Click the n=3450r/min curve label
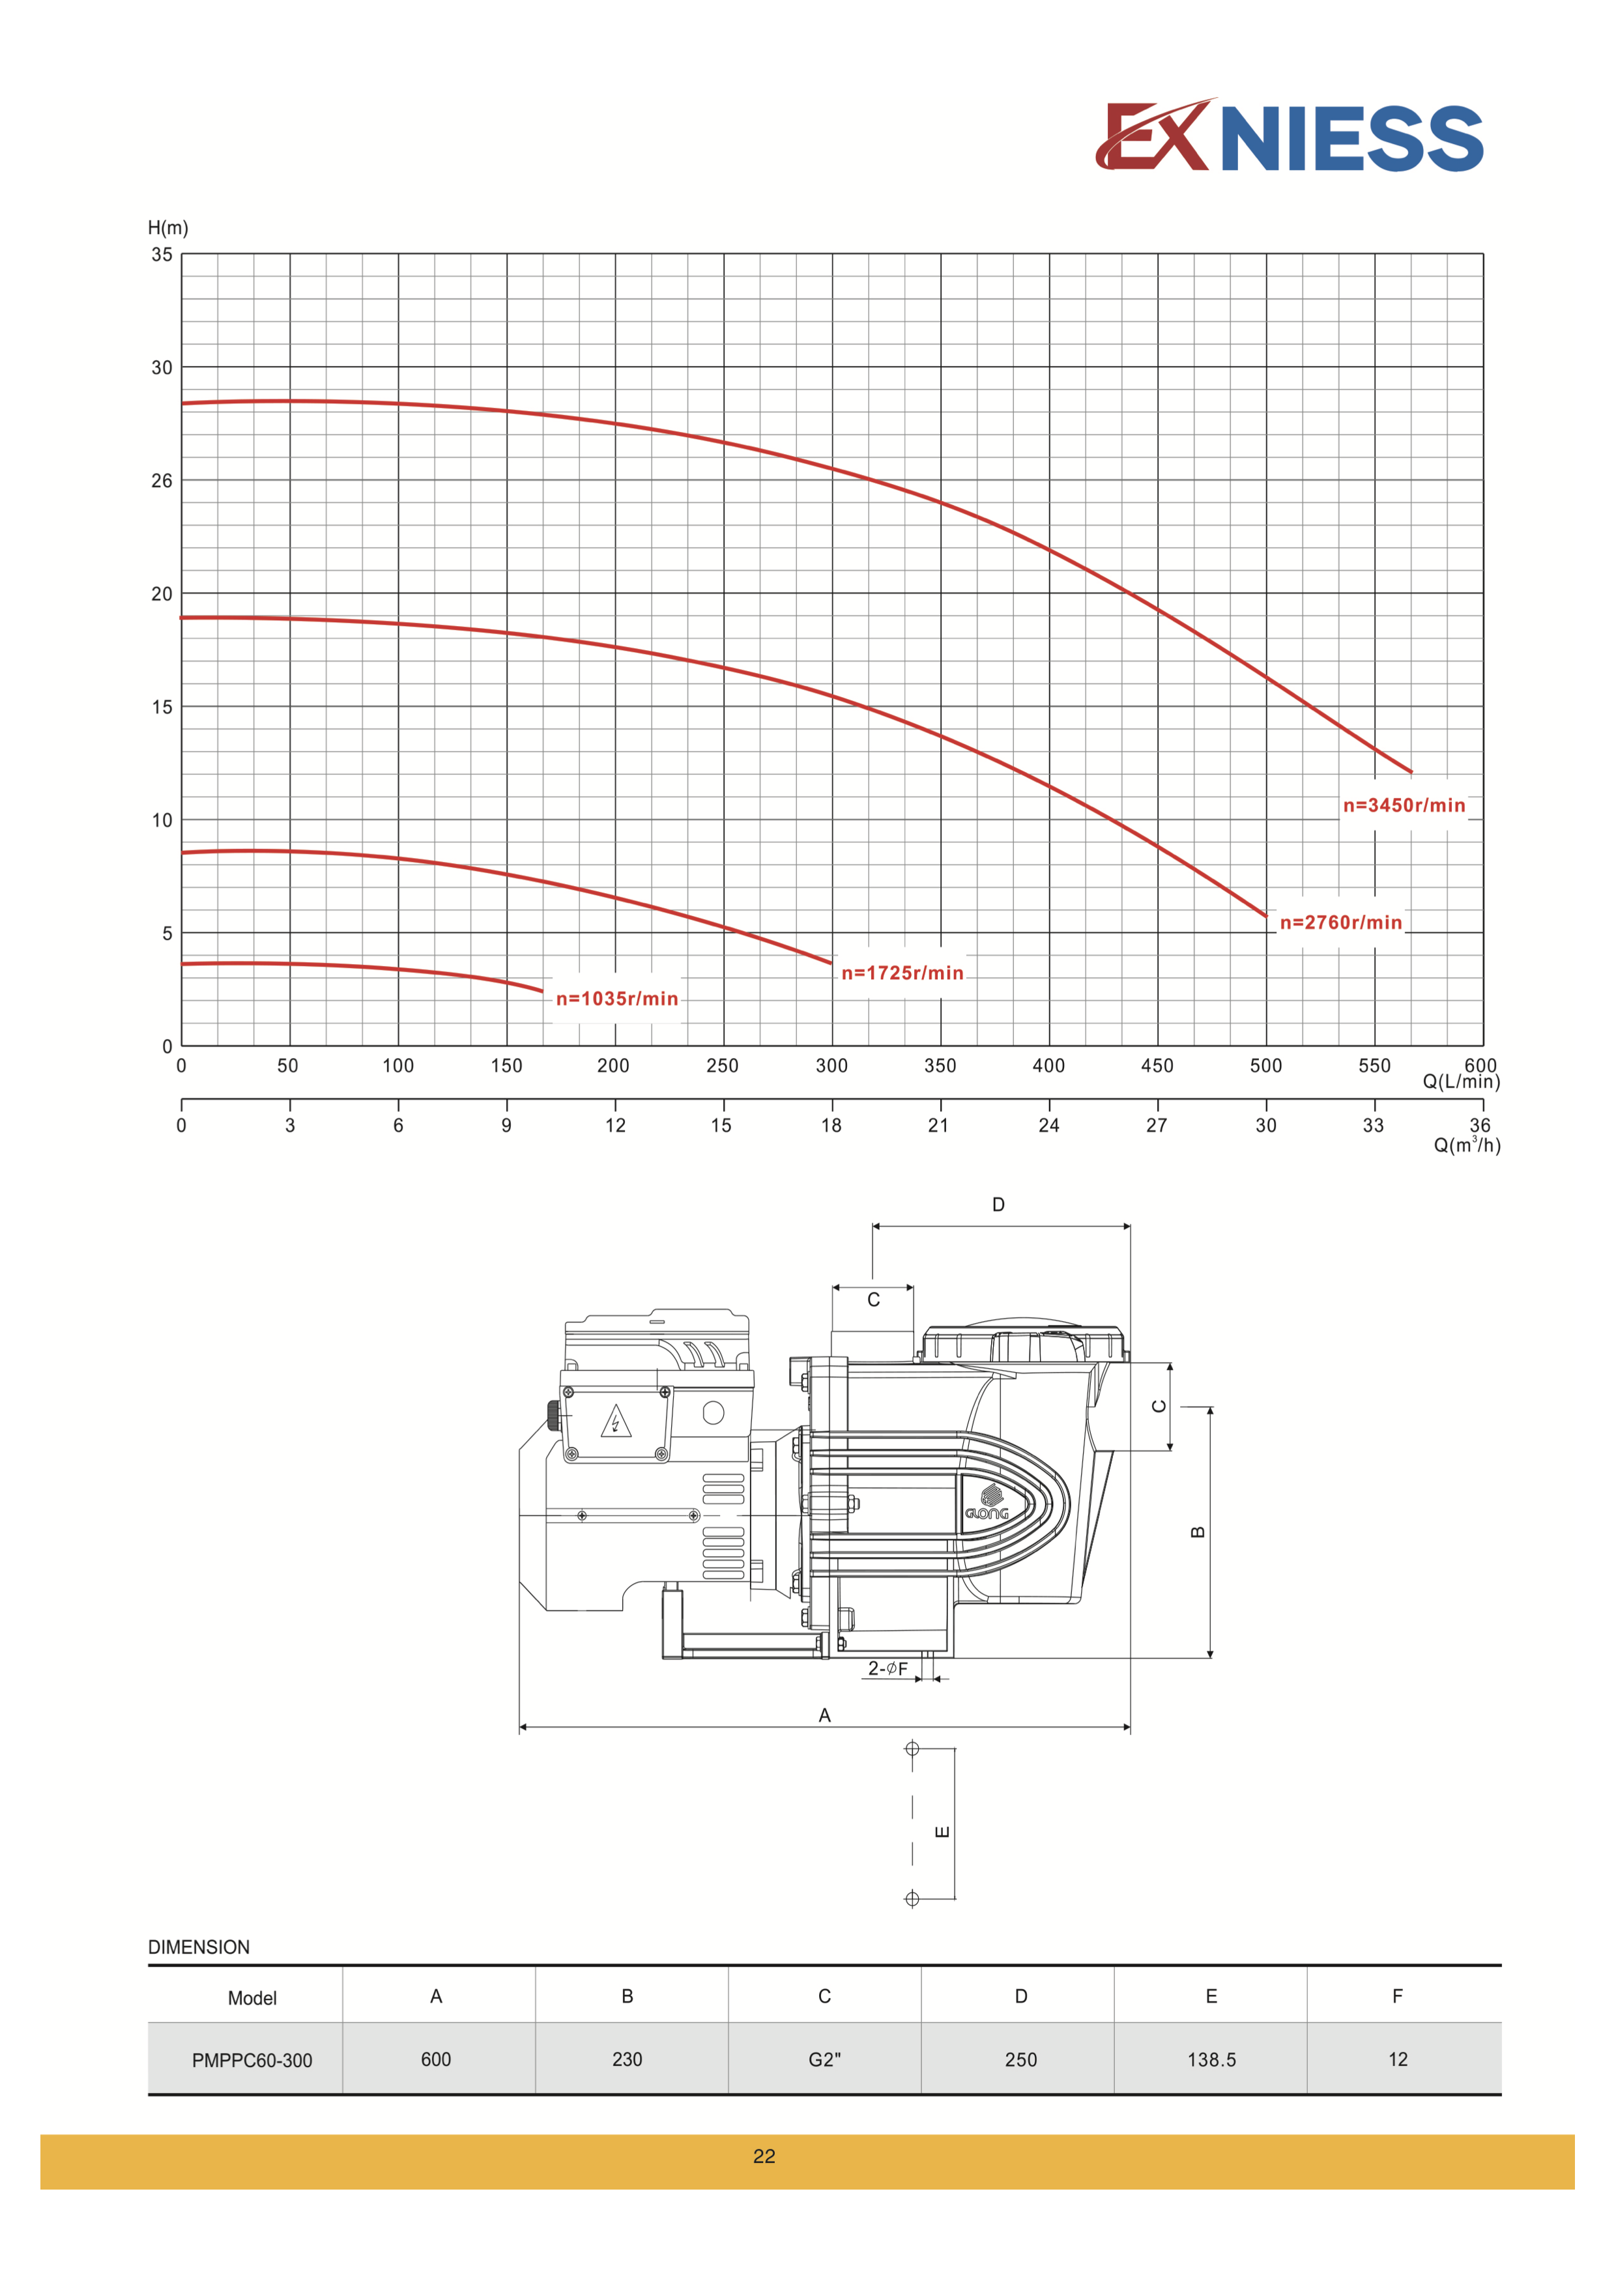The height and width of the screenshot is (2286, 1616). (x=1404, y=805)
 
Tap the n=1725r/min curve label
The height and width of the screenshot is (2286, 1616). (x=902, y=973)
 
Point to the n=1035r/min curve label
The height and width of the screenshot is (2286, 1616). (x=616, y=999)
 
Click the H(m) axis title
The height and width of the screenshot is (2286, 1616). (x=167, y=228)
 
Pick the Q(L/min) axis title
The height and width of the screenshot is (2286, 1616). (x=1461, y=1082)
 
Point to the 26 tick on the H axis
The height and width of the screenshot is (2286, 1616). (x=162, y=481)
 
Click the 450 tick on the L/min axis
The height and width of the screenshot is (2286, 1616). (x=1157, y=1065)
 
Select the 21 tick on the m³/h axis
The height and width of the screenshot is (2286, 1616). (x=938, y=1125)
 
